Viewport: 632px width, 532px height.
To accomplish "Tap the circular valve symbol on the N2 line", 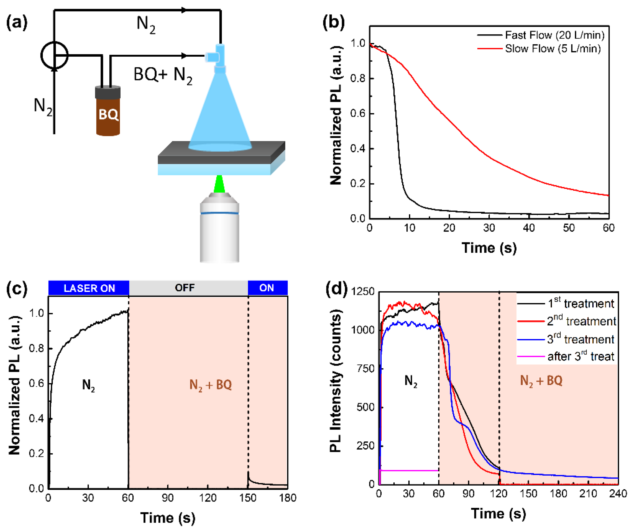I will pos(54,56).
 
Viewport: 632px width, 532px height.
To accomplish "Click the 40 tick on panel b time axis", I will pos(529,228).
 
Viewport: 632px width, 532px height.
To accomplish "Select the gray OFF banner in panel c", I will pos(185,288).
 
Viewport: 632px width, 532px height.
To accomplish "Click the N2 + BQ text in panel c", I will pos(211,385).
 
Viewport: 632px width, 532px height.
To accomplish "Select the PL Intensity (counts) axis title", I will pos(335,381).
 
